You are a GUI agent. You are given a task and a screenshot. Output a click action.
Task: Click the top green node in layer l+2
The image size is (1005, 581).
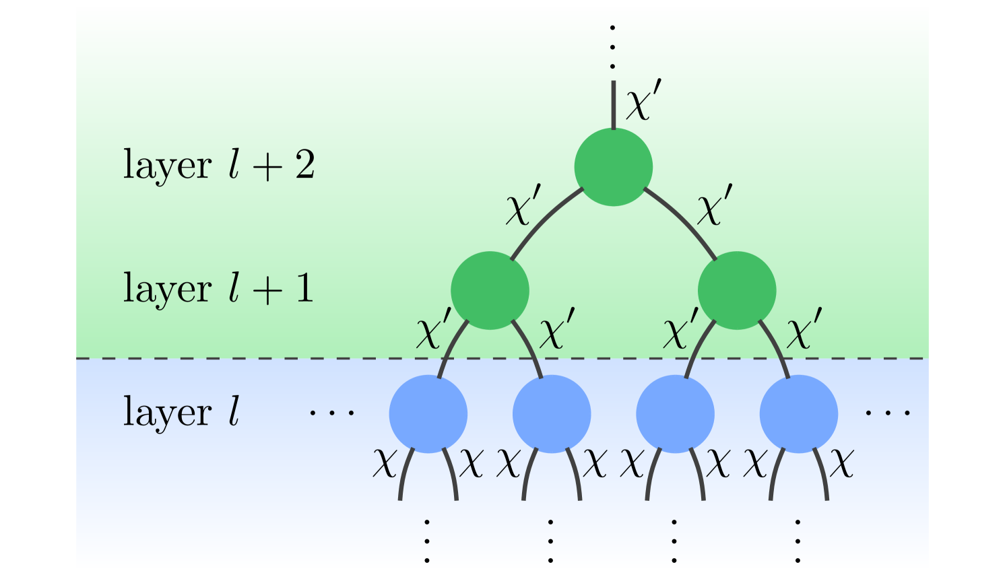[613, 167]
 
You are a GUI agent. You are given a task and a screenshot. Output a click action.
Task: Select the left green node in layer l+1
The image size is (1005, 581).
[490, 290]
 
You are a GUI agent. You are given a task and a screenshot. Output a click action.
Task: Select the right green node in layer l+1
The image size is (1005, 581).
[737, 290]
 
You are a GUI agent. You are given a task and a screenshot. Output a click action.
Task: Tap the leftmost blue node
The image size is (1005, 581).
[428, 413]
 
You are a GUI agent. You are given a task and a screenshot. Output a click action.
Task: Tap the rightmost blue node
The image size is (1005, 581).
[798, 413]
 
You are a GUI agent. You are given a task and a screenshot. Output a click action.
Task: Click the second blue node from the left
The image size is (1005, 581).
[552, 413]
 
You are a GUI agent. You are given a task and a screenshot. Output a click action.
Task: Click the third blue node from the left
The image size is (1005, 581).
[675, 413]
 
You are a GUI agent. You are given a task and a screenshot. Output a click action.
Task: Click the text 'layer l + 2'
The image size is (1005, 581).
[218, 165]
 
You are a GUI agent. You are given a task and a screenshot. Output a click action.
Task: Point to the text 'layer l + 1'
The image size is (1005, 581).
[218, 289]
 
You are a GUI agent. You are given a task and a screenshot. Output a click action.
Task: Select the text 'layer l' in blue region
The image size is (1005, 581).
[181, 412]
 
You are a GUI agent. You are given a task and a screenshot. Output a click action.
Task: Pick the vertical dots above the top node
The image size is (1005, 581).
[612, 47]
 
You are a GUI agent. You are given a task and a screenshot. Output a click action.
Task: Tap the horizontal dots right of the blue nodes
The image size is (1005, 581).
[888, 412]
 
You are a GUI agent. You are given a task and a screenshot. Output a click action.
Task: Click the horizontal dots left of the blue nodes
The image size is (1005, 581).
[331, 412]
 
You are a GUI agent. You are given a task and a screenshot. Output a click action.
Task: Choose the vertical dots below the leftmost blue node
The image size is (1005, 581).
[427, 540]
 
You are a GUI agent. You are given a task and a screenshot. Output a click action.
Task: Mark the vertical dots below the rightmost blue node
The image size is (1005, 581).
[798, 540]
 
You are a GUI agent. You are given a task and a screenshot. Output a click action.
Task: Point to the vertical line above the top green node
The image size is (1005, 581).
[613, 104]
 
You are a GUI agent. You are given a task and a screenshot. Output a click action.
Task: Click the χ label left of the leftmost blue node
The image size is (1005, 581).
[384, 463]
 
